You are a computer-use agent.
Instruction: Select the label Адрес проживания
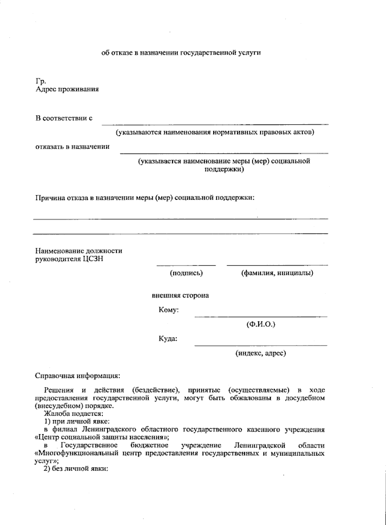67,89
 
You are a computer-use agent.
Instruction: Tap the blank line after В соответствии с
215,124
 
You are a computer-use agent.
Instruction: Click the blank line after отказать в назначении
224,153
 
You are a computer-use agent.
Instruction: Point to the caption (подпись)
186,273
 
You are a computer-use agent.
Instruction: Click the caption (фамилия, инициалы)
277,273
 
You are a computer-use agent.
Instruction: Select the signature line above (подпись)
186,265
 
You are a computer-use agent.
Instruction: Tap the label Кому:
169,310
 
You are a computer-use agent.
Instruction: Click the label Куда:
168,339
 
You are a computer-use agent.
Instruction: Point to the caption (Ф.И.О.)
261,324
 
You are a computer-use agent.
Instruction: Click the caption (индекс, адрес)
261,353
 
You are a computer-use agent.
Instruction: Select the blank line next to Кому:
261,317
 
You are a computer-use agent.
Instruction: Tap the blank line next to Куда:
261,345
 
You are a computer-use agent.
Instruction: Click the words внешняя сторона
180,295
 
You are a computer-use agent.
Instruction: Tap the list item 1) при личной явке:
77,421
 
